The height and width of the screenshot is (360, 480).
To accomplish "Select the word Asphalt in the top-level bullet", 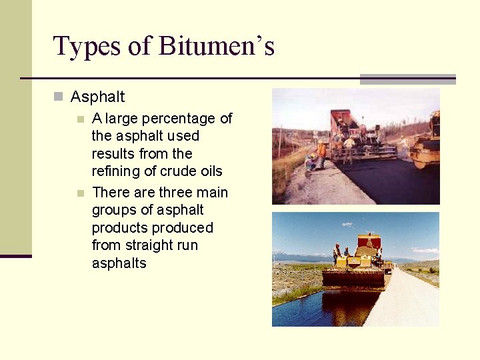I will [97, 97].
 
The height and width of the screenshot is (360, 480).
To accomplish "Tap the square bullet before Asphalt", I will [58, 97].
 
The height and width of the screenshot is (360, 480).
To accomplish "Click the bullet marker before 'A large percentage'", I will [80, 119].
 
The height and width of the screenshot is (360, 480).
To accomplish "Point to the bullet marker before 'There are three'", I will [80, 193].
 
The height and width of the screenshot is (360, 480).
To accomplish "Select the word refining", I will [115, 171].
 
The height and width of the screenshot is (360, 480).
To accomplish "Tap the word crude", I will [177, 171].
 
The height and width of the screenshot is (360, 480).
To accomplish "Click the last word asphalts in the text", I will [119, 263].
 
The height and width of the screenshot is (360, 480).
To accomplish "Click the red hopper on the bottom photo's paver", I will [369, 243].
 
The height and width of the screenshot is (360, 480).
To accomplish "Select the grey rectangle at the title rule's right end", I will [407, 79].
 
